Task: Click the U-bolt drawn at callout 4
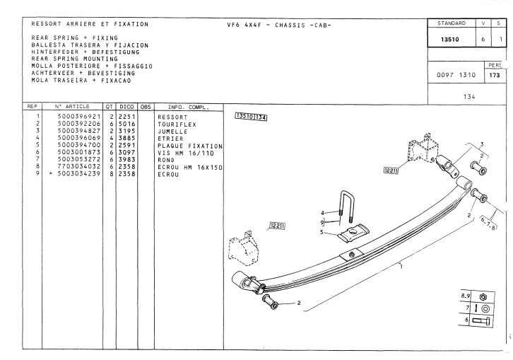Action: pyautogui.click(x=346, y=204)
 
